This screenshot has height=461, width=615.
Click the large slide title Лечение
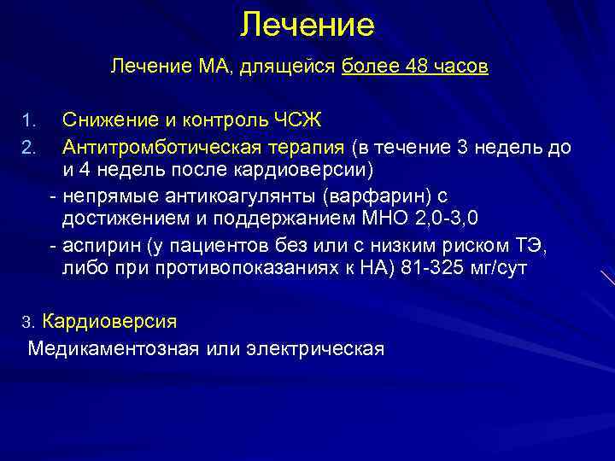point(307,25)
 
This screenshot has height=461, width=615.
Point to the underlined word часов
point(458,67)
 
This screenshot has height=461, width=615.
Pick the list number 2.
point(28,149)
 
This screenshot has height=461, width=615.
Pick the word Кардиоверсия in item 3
point(109,322)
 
